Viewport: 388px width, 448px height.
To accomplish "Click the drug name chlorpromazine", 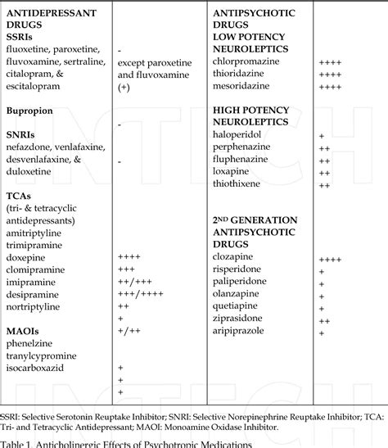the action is coord(245,61).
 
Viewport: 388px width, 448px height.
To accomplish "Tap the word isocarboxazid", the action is coord(38,368).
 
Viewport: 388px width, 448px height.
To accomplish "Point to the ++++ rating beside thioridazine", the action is coord(330,74).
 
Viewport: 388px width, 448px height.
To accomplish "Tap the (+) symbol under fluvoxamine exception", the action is coord(124,87).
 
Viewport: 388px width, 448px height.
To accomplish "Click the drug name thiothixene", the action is coord(238,184).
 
